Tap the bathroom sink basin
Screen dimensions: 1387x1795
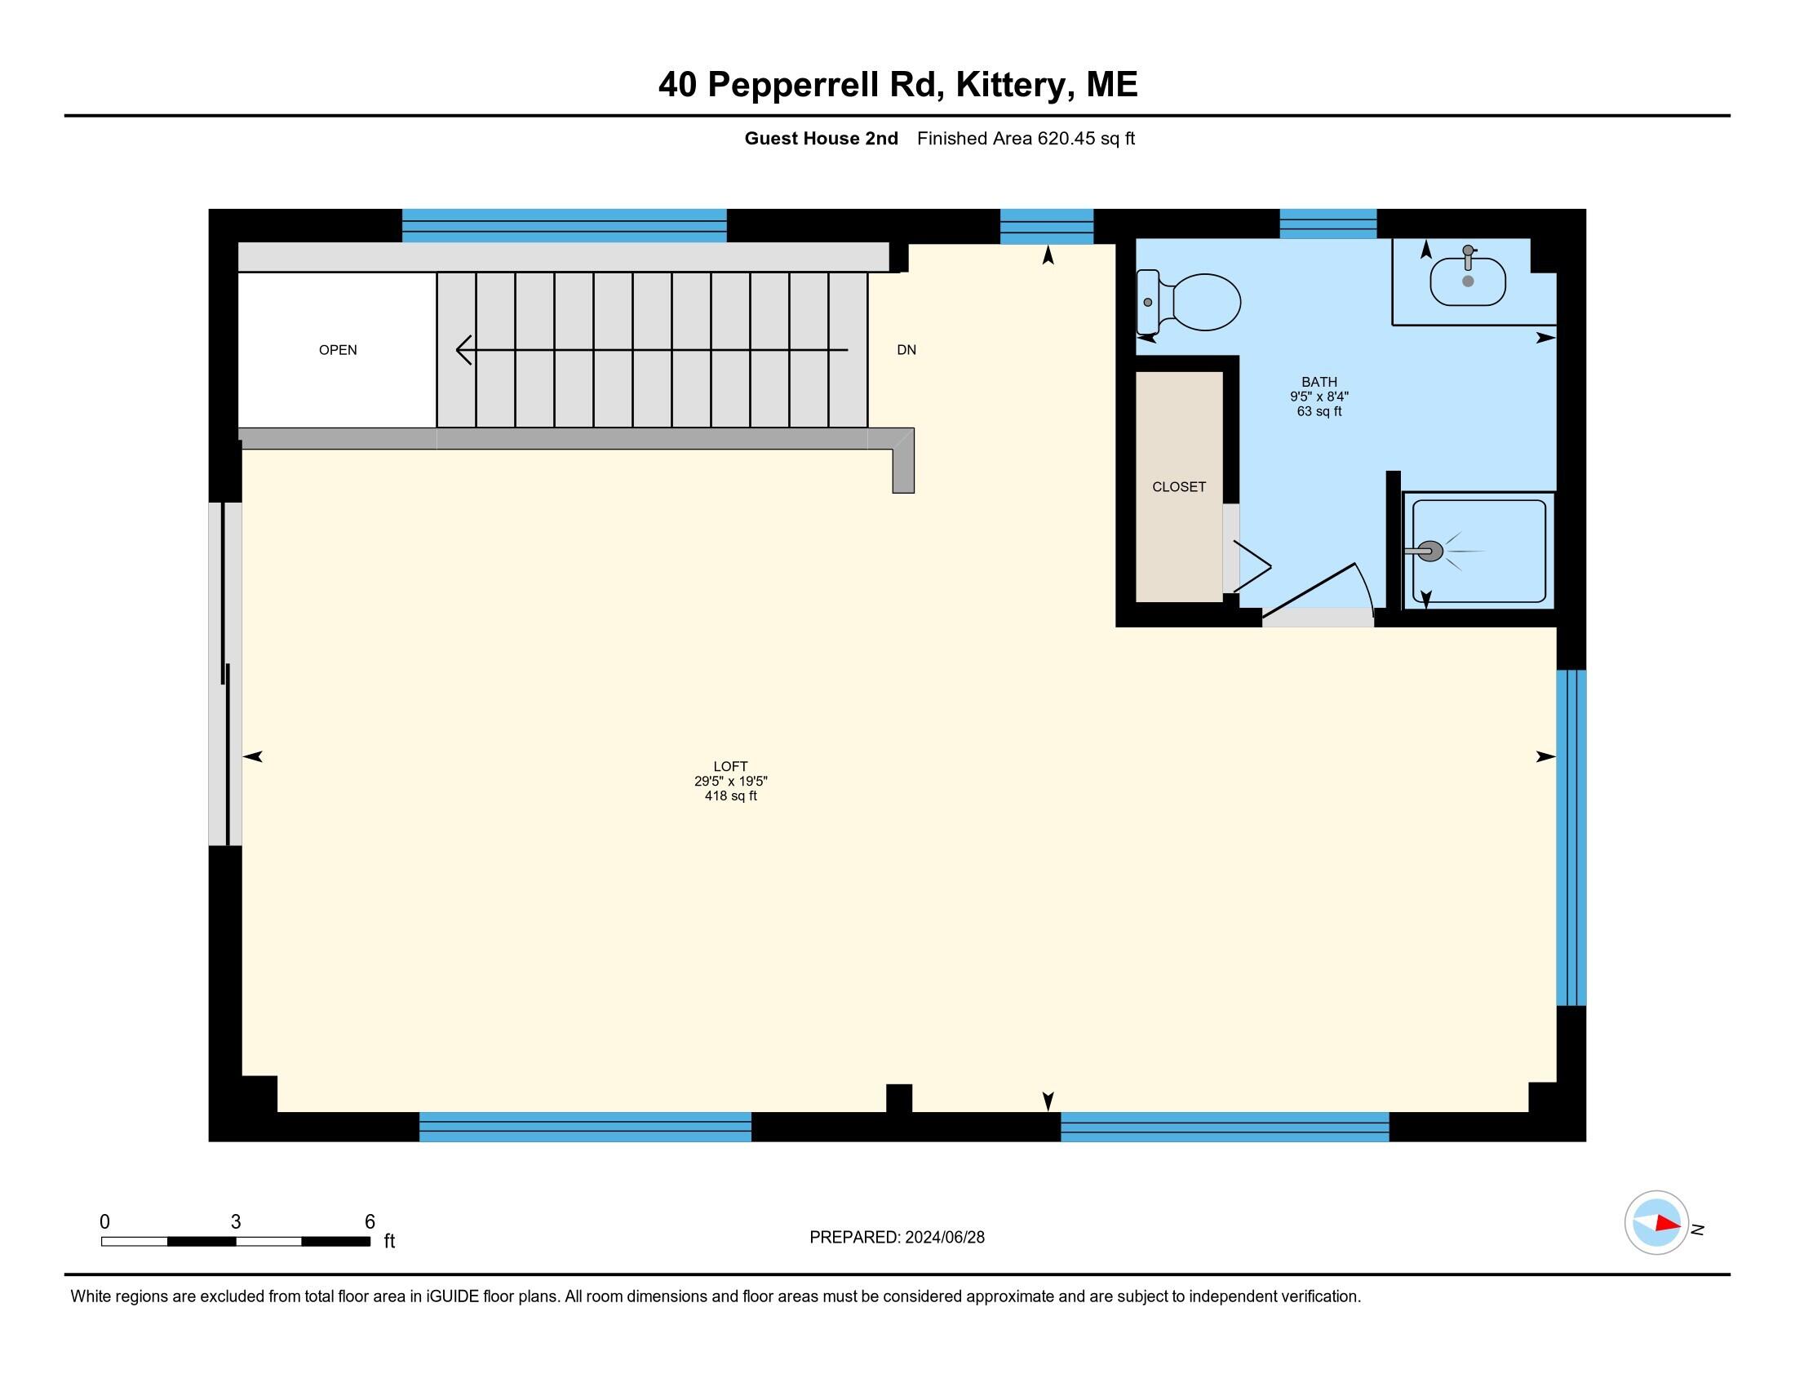tap(1467, 281)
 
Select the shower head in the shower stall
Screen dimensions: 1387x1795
tap(1430, 552)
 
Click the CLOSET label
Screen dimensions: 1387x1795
tap(1179, 486)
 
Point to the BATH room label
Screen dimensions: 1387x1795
tap(1319, 381)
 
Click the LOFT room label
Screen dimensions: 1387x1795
tap(730, 766)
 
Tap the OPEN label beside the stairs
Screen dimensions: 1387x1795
tap(338, 350)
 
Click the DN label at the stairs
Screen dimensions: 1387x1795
tap(906, 350)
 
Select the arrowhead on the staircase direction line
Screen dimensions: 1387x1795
tap(463, 350)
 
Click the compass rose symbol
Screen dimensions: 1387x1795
tap(1655, 1222)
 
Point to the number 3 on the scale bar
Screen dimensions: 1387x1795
tap(236, 1221)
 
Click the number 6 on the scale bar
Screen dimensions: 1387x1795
tap(370, 1221)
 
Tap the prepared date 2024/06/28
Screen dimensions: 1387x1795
tap(944, 1237)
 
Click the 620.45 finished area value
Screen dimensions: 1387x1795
tap(1066, 139)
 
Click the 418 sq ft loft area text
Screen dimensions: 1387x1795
tap(730, 795)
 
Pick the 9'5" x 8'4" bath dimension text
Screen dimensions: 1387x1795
tap(1319, 396)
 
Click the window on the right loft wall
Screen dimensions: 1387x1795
tap(1571, 837)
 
